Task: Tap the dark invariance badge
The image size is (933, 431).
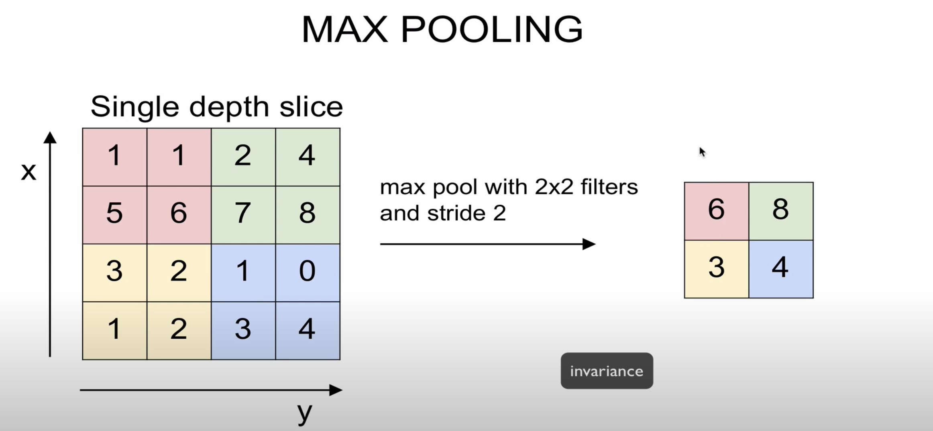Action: click(x=607, y=371)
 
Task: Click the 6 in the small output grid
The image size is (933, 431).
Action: click(x=716, y=209)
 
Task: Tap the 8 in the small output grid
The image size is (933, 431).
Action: click(x=780, y=209)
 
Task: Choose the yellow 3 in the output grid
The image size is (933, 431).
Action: click(x=716, y=268)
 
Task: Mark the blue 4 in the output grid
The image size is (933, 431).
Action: click(x=780, y=268)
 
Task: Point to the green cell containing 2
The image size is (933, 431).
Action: click(x=243, y=156)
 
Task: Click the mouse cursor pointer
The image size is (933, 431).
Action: click(x=702, y=152)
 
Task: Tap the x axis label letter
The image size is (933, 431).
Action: click(x=29, y=172)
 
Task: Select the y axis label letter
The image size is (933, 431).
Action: click(x=304, y=412)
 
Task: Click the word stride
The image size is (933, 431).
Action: click(x=456, y=213)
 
